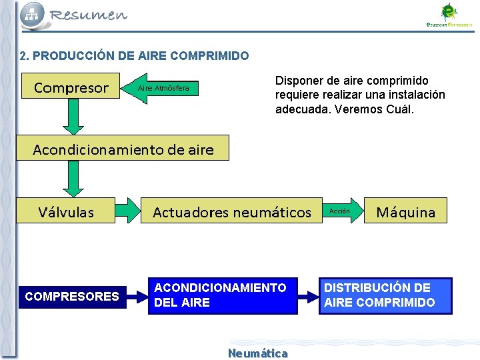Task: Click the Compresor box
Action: (71, 87)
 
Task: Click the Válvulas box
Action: (66, 212)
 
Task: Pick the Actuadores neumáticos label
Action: (232, 212)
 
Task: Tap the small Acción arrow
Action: (343, 211)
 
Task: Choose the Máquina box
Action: (405, 212)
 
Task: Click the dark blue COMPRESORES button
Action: (71, 296)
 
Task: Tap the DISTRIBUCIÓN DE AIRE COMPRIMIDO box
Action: (385, 295)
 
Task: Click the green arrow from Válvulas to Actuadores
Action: (128, 211)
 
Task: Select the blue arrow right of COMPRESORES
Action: (135, 296)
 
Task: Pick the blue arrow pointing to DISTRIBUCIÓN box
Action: (307, 295)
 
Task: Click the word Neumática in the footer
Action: (258, 353)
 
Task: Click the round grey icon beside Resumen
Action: (33, 15)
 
